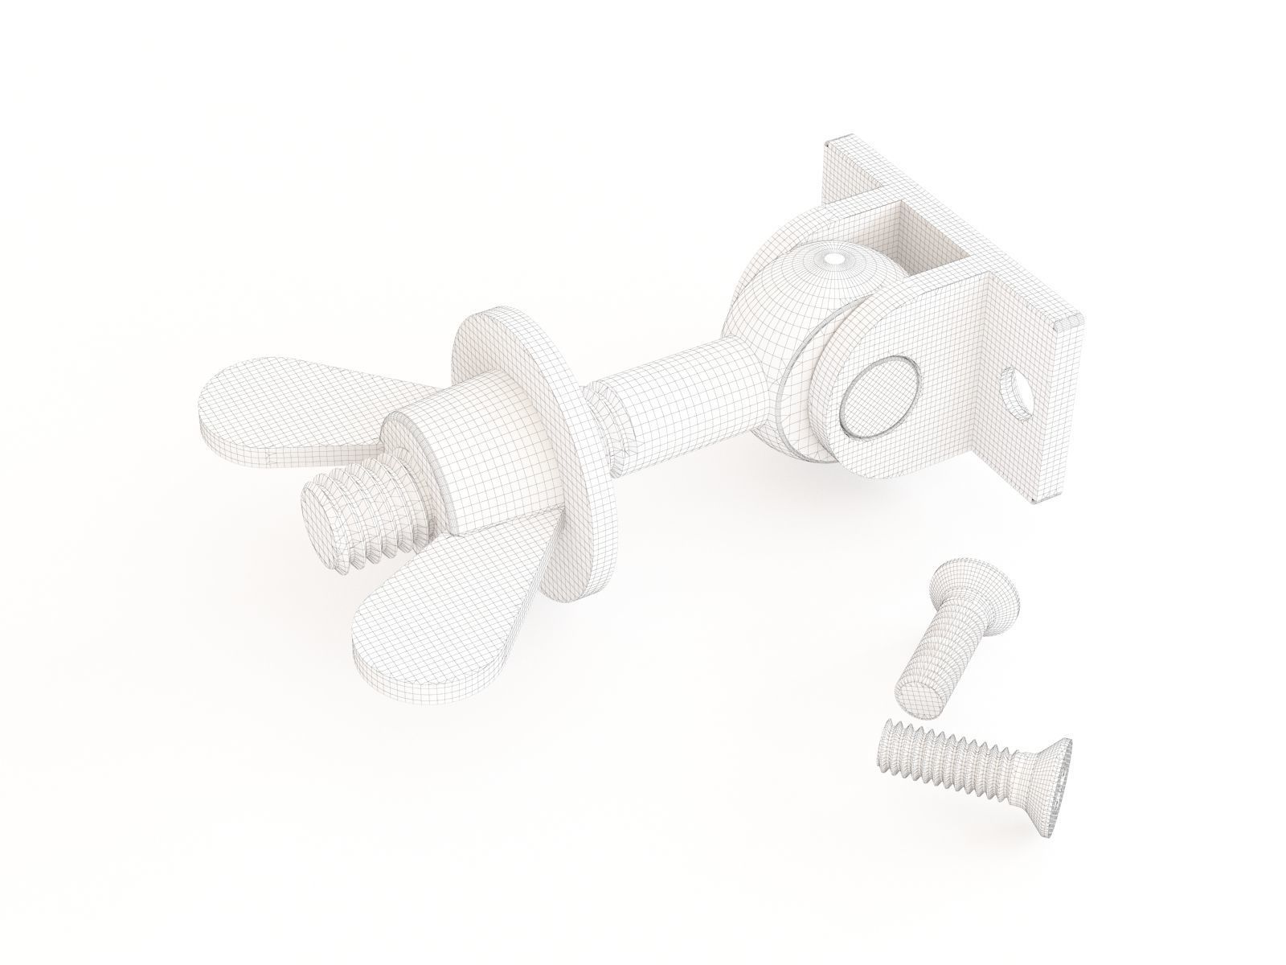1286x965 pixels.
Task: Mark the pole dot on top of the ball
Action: click(835, 259)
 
